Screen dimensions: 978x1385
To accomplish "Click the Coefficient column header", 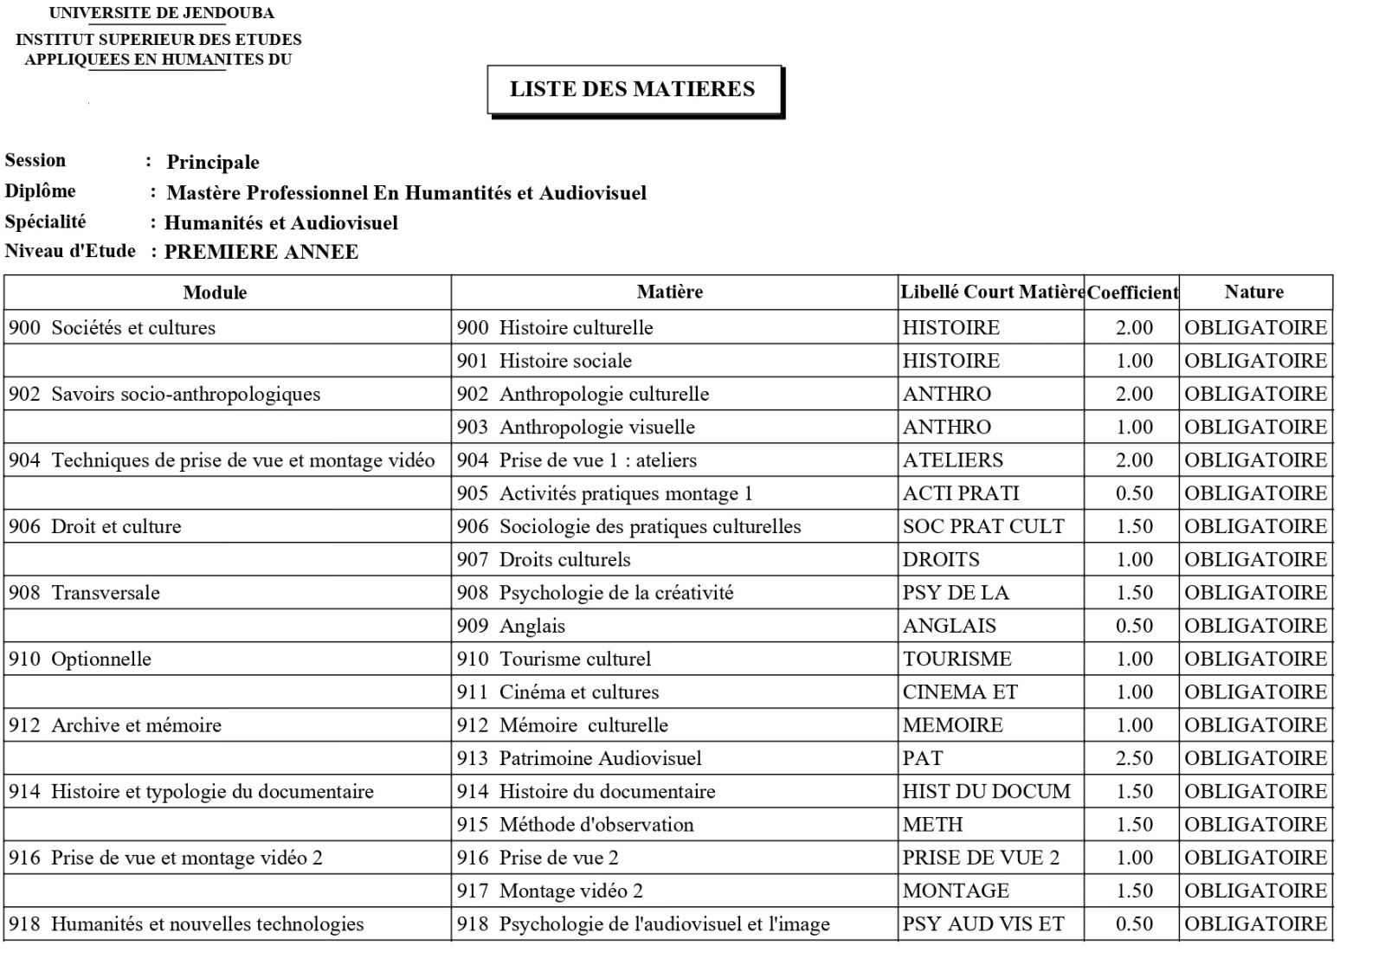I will tap(1132, 293).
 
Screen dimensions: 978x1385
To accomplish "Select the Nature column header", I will tap(1253, 292).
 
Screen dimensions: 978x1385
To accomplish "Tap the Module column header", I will tap(215, 293).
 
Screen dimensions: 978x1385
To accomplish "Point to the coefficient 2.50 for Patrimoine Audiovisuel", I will tap(1134, 758).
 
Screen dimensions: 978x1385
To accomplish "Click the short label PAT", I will tap(923, 758).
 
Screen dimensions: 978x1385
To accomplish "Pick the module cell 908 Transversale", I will tap(85, 593).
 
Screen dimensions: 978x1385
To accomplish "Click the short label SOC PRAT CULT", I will tap(983, 526).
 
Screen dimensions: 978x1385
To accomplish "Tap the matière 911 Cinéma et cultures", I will tap(558, 692).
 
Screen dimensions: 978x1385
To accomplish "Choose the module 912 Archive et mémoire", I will tap(115, 725).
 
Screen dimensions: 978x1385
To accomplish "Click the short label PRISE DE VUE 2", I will tap(981, 858).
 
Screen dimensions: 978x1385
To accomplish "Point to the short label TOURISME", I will tap(957, 659).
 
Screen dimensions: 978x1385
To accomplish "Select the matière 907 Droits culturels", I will tap(544, 560).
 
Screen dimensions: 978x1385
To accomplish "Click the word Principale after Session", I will tap(213, 162).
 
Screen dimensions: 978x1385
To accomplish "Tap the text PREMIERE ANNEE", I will tap(261, 252).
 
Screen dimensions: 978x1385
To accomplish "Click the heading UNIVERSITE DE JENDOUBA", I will tap(162, 13).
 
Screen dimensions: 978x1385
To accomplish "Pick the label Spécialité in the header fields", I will tap(45, 222).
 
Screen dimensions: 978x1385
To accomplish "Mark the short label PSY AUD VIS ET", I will tap(983, 923).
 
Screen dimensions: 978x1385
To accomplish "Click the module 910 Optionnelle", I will tap(81, 659).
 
